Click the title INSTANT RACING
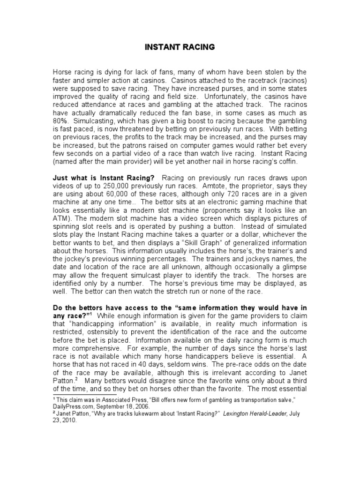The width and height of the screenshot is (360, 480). click(180, 47)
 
